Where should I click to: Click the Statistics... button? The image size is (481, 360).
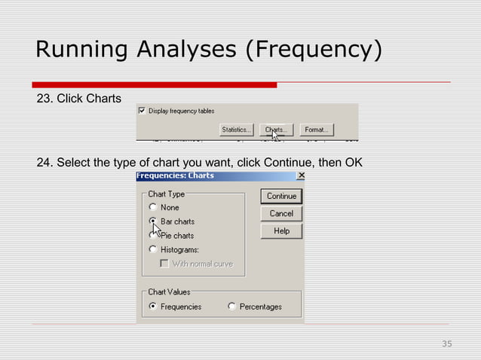click(x=237, y=130)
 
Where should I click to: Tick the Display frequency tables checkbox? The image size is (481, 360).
click(x=142, y=111)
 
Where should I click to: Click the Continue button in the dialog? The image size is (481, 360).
click(x=281, y=196)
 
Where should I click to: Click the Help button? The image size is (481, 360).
click(x=281, y=231)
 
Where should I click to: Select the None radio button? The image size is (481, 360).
click(x=153, y=207)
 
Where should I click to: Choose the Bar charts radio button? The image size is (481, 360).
click(x=153, y=221)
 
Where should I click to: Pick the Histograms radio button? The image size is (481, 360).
click(x=153, y=249)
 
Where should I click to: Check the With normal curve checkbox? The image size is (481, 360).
click(x=164, y=264)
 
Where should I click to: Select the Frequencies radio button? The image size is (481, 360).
click(x=153, y=307)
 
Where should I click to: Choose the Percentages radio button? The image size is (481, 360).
click(x=232, y=307)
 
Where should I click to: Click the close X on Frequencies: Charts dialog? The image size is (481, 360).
click(x=301, y=175)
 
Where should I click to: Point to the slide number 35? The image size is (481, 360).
click(x=446, y=344)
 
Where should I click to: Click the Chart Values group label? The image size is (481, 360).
click(x=169, y=291)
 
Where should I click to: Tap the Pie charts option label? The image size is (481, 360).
click(x=177, y=236)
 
